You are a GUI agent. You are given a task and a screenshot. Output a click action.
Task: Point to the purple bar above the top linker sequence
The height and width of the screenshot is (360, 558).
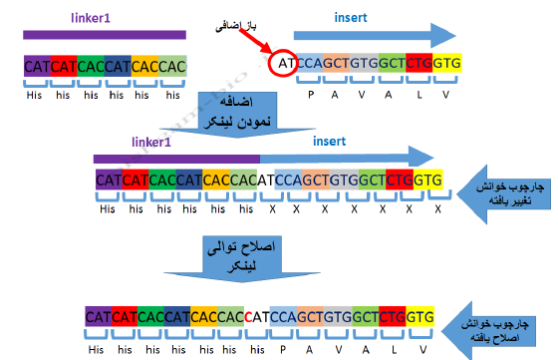tap(104, 36)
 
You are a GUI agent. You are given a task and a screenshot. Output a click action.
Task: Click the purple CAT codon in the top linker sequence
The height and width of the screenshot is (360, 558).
tap(37, 67)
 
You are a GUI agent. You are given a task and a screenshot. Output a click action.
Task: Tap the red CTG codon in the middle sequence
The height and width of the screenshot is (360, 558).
tap(400, 180)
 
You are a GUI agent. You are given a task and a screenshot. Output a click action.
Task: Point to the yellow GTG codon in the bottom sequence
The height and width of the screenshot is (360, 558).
tap(419, 316)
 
